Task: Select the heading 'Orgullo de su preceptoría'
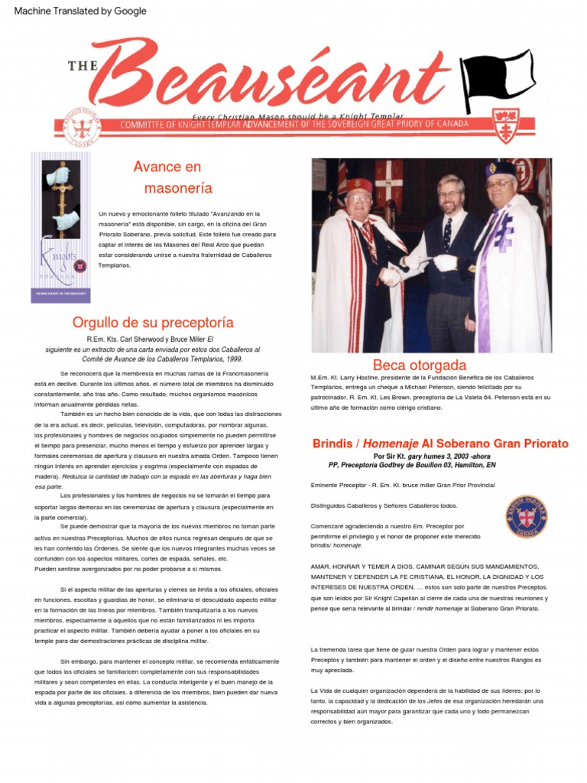pos(153,322)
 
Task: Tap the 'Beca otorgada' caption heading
pos(419,365)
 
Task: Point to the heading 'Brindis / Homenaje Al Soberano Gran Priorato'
pos(440,443)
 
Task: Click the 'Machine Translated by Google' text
pos(80,11)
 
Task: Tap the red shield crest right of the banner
pos(506,125)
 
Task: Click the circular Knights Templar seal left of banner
pos(81,125)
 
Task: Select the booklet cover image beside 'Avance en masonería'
pos(60,227)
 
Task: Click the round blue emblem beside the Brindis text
pos(527,517)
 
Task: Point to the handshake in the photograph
pos(392,274)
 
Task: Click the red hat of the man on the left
pos(359,185)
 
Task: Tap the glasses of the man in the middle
pos(450,191)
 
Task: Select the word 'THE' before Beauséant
pos(82,66)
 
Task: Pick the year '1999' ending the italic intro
pos(234,358)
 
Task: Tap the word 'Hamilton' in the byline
pos(465,465)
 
